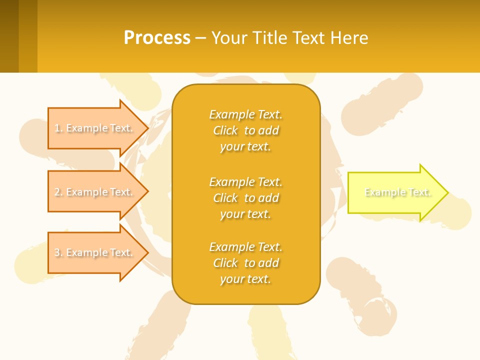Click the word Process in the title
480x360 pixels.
[x=157, y=38]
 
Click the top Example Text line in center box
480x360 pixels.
[x=245, y=114]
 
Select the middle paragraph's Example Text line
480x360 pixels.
[x=245, y=181]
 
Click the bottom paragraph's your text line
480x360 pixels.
[x=245, y=279]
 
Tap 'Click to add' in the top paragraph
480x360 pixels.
[x=245, y=130]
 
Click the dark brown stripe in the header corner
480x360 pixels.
[x=9, y=36]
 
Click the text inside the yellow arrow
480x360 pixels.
[x=397, y=192]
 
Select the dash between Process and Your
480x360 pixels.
[x=200, y=38]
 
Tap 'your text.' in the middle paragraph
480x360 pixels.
[x=245, y=214]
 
